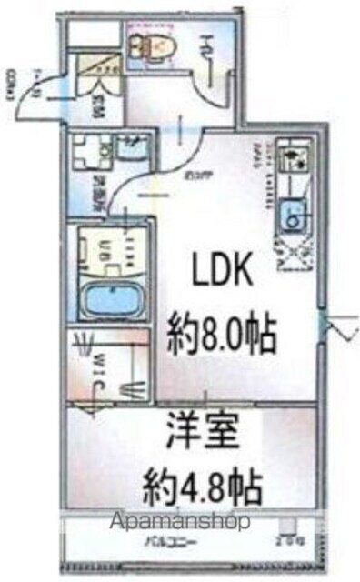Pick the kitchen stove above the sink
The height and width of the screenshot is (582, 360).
coord(294,164)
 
